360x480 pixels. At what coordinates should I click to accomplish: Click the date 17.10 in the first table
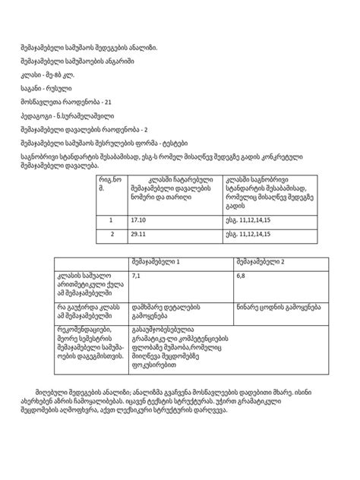click(139, 220)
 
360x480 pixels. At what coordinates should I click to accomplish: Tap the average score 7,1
click(137, 276)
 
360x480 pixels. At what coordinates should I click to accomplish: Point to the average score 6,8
click(241, 276)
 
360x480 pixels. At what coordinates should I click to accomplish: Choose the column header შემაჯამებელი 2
click(261, 261)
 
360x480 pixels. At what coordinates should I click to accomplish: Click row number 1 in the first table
click(111, 220)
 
